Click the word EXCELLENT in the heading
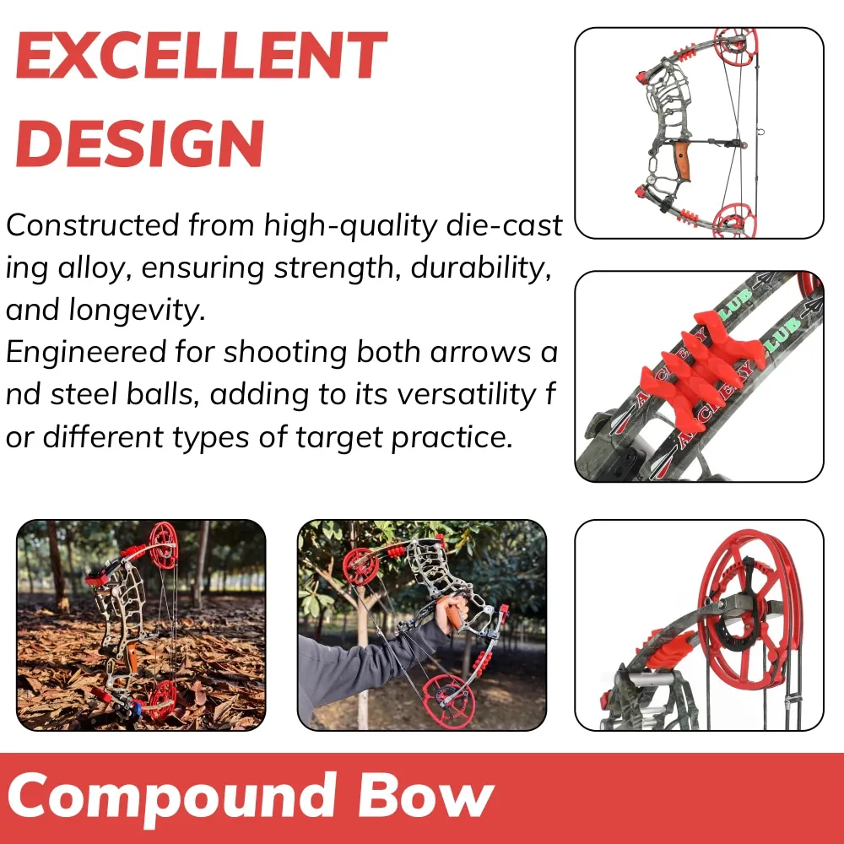pyautogui.click(x=202, y=56)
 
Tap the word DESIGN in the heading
pyautogui.click(x=140, y=143)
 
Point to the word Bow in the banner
pyautogui.click(x=425, y=795)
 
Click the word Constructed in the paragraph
pyautogui.click(x=92, y=225)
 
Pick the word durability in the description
pyautogui.click(x=481, y=268)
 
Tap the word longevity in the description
pyautogui.click(x=138, y=311)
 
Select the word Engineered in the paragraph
pyautogui.click(x=85, y=354)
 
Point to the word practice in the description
pyautogui.click(x=452, y=437)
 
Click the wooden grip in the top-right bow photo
pyautogui.click(x=682, y=160)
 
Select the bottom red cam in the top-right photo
pyautogui.click(x=734, y=219)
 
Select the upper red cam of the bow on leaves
pyautogui.click(x=163, y=545)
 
